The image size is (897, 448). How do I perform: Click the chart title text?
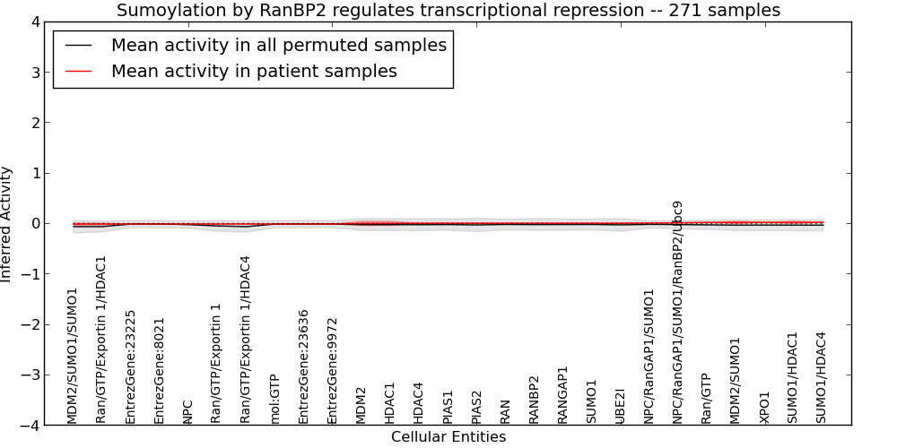[448, 10]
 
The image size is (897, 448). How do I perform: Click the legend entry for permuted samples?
[279, 45]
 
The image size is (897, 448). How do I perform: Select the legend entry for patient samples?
[254, 71]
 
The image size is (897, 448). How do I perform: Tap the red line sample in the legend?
[78, 72]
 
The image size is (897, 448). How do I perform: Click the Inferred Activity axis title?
[5, 224]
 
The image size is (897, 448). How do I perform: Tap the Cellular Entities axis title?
[448, 437]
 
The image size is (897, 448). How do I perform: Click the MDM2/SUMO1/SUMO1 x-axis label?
[72, 356]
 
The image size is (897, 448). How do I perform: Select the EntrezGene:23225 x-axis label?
[130, 366]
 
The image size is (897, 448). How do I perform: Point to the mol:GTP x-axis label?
[274, 399]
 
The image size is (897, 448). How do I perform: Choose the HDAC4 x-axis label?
[418, 403]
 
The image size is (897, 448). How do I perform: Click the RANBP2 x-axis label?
[534, 400]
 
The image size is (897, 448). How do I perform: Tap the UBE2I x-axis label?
[620, 406]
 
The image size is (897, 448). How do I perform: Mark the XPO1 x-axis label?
[764, 408]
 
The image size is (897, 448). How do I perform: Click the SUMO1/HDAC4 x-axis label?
[822, 378]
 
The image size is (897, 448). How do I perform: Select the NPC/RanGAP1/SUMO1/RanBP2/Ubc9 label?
[677, 312]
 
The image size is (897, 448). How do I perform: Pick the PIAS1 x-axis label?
[448, 407]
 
